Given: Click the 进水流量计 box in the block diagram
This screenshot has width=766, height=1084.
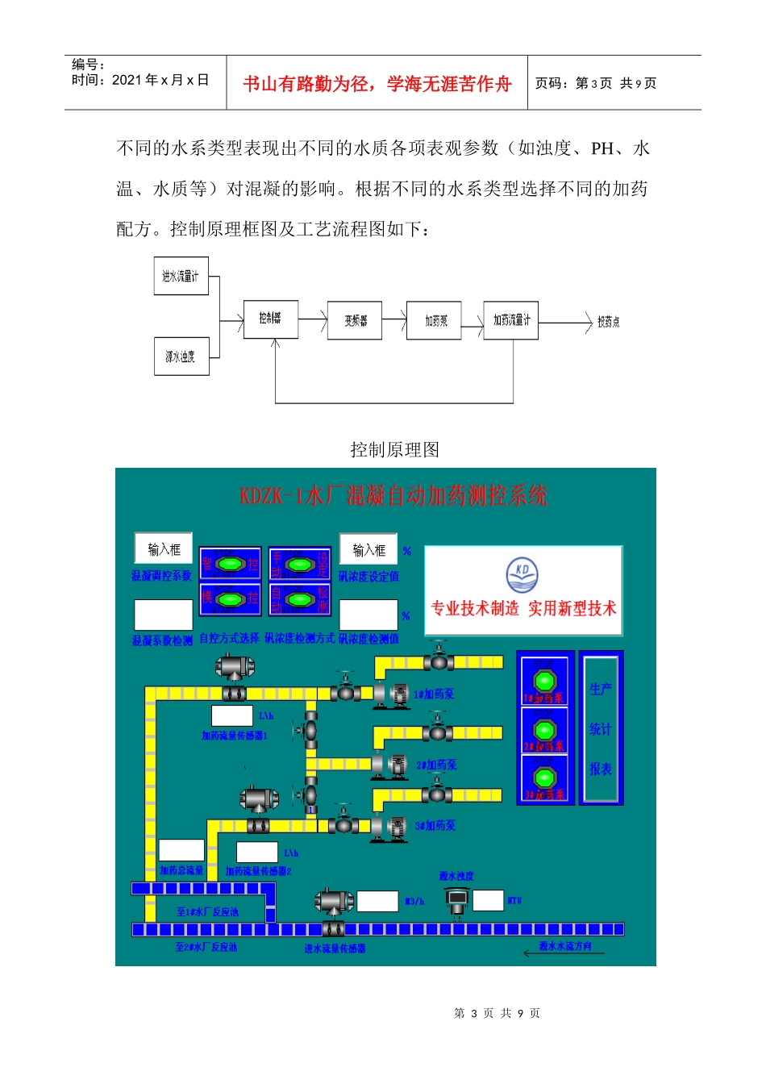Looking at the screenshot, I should pos(181,276).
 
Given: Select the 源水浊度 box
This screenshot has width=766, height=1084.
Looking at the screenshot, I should pos(181,356).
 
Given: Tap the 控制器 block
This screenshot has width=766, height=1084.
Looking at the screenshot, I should pos(270,319).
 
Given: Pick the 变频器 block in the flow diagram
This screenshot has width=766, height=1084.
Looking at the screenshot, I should pos(355,320).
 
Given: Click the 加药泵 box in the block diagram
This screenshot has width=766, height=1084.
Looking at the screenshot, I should pos(435,320).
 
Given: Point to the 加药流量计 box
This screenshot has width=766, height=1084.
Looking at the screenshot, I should pos(511,320).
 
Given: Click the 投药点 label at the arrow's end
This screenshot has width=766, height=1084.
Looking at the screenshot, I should pos(608,322).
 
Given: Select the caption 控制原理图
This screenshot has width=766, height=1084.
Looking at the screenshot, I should pos(394,449).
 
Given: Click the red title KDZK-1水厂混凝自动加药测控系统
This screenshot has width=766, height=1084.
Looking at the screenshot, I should pos(393,495).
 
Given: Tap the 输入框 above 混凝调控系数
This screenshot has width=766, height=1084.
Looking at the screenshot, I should pos(164,548).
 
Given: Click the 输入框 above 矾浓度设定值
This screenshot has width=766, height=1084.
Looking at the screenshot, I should pos(368,549).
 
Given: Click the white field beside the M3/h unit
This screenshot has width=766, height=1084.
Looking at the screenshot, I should pos(377,901).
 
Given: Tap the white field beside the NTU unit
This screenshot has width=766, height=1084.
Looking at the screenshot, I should pos(488,900).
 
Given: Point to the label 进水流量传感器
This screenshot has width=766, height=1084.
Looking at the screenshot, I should pos(335,948).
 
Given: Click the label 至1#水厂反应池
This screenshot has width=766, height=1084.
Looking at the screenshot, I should pos(207,911).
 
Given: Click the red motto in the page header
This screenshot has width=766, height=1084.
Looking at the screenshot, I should pos(377,84).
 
